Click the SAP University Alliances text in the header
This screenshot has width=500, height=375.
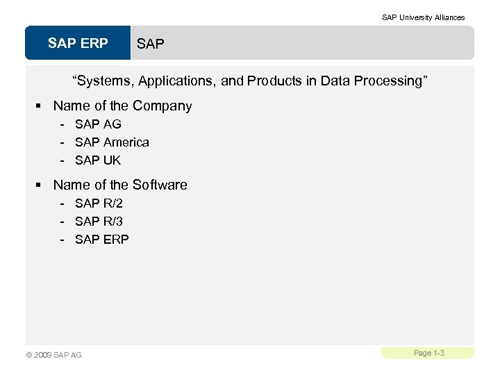click(423, 17)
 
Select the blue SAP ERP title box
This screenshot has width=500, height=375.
click(78, 43)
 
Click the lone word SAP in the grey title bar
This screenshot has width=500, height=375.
click(151, 44)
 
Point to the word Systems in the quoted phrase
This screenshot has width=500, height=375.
click(105, 81)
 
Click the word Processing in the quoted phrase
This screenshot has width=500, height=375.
click(388, 81)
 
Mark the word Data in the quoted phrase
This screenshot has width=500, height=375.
click(335, 81)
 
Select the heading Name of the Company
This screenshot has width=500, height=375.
click(122, 106)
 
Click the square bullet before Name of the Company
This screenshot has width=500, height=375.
click(40, 106)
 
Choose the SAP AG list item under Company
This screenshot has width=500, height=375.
click(98, 124)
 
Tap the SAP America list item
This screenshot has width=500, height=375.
click(112, 142)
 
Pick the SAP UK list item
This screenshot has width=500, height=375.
click(98, 160)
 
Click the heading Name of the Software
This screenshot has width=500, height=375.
click(120, 185)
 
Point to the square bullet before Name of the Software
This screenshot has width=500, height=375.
click(40, 185)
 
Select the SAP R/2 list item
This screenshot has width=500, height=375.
click(99, 203)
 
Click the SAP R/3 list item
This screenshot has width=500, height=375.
click(99, 222)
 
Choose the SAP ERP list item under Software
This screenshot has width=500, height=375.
click(102, 240)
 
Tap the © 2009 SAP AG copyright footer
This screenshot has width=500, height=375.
click(53, 355)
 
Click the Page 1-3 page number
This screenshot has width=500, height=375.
click(428, 353)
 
